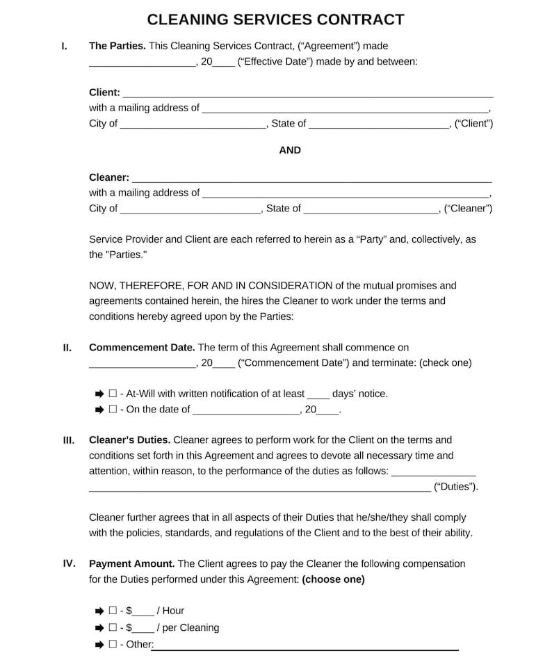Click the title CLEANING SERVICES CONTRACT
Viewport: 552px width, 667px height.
point(276,19)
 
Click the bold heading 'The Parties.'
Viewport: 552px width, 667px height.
point(117,46)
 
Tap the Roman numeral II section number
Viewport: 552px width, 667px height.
point(67,348)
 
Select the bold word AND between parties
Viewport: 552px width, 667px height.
point(290,150)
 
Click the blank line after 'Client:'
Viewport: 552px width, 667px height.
point(307,93)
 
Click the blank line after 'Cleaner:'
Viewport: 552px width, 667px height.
point(311,178)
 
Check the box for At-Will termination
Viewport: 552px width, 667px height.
point(113,394)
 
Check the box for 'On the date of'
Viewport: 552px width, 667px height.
point(113,410)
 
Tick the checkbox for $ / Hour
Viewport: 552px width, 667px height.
point(113,611)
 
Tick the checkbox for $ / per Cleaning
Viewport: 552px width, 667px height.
point(113,627)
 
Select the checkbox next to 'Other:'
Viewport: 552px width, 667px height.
point(113,644)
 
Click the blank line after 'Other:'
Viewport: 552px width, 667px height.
point(306,646)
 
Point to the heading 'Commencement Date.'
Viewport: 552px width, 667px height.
point(142,347)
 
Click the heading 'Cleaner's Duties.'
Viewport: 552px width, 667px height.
point(129,440)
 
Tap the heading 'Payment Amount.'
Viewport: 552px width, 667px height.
point(132,563)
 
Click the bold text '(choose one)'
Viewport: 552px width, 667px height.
point(333,579)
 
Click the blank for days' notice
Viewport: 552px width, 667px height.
point(318,395)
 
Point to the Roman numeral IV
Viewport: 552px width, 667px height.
point(69,563)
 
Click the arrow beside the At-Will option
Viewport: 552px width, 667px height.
point(99,394)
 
